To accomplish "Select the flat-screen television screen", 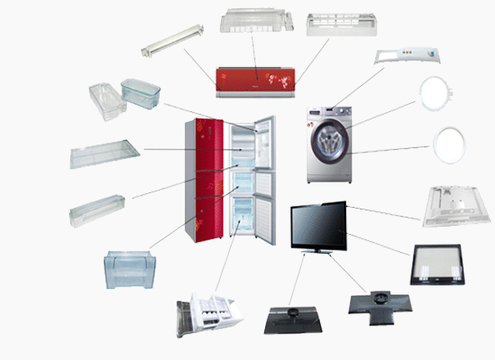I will [x=319, y=224].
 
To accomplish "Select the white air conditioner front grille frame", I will [x=338, y=25].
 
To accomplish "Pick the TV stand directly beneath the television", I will [x=319, y=251].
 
